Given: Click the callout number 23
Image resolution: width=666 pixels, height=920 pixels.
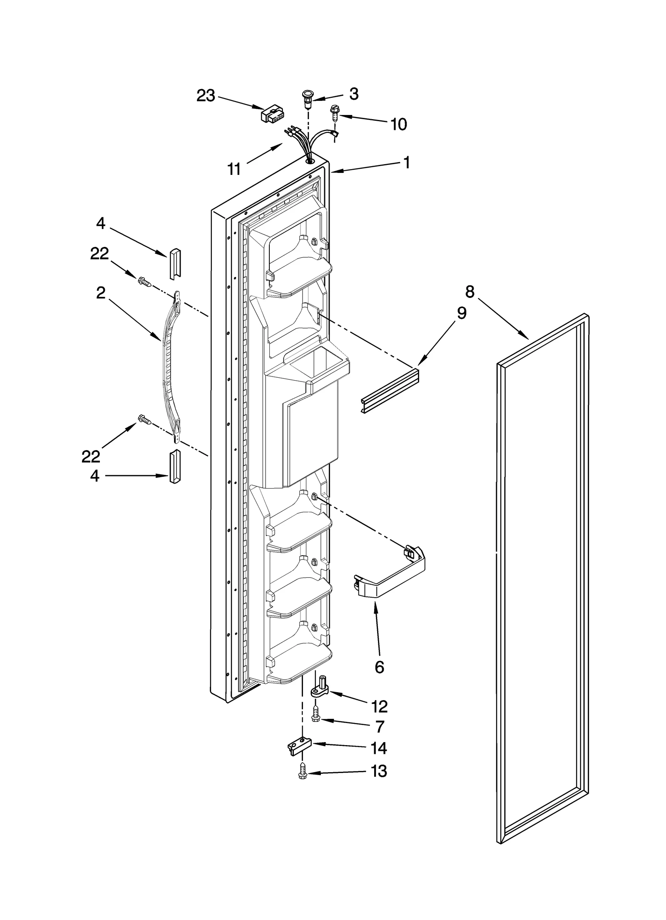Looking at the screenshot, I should pos(206,96).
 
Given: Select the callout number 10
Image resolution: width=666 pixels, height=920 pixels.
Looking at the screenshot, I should pos(398,124).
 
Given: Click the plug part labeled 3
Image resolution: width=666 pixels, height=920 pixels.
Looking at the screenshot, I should pos(307,100).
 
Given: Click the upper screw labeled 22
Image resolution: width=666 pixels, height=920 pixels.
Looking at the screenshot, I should pos(144,282).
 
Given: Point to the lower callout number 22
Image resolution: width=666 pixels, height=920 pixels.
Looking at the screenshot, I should pos(91,456).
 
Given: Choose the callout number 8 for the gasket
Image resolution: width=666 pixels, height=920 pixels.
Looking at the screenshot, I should pos(470,292).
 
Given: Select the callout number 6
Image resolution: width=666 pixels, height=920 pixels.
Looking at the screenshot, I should pos(379,667).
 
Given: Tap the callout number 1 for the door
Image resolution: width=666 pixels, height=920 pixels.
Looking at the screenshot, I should pos(407,163).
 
